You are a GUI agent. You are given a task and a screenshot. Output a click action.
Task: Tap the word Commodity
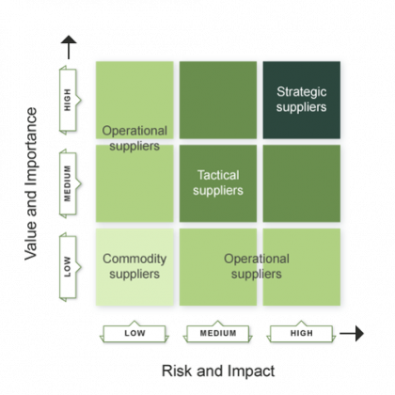(134, 258)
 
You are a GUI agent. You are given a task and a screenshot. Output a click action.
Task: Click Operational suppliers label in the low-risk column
(134, 138)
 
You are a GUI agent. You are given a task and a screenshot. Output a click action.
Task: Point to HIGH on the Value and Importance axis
(68, 99)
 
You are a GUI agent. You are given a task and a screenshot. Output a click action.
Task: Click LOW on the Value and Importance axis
(68, 266)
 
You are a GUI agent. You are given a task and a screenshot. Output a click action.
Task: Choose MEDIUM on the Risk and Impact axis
(217, 334)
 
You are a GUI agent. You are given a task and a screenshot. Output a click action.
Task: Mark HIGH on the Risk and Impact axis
(300, 334)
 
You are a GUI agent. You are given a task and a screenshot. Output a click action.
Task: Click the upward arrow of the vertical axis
(67, 42)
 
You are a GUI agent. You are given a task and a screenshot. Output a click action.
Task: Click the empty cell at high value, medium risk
(217, 99)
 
